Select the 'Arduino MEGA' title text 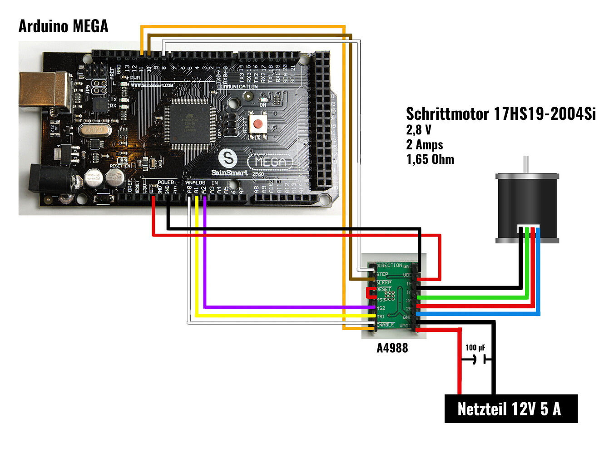point(63,26)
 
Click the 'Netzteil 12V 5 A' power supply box point(510,409)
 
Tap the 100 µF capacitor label point(475,348)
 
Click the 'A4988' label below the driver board point(392,348)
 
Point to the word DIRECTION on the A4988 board point(389,266)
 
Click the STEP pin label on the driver point(382,274)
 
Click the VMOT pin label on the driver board point(405,326)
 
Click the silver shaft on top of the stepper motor point(526,164)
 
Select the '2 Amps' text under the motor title point(425,145)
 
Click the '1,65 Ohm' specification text point(430,159)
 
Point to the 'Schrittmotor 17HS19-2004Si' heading point(500,113)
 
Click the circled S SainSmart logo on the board point(228,158)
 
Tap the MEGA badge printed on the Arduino point(270,162)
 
